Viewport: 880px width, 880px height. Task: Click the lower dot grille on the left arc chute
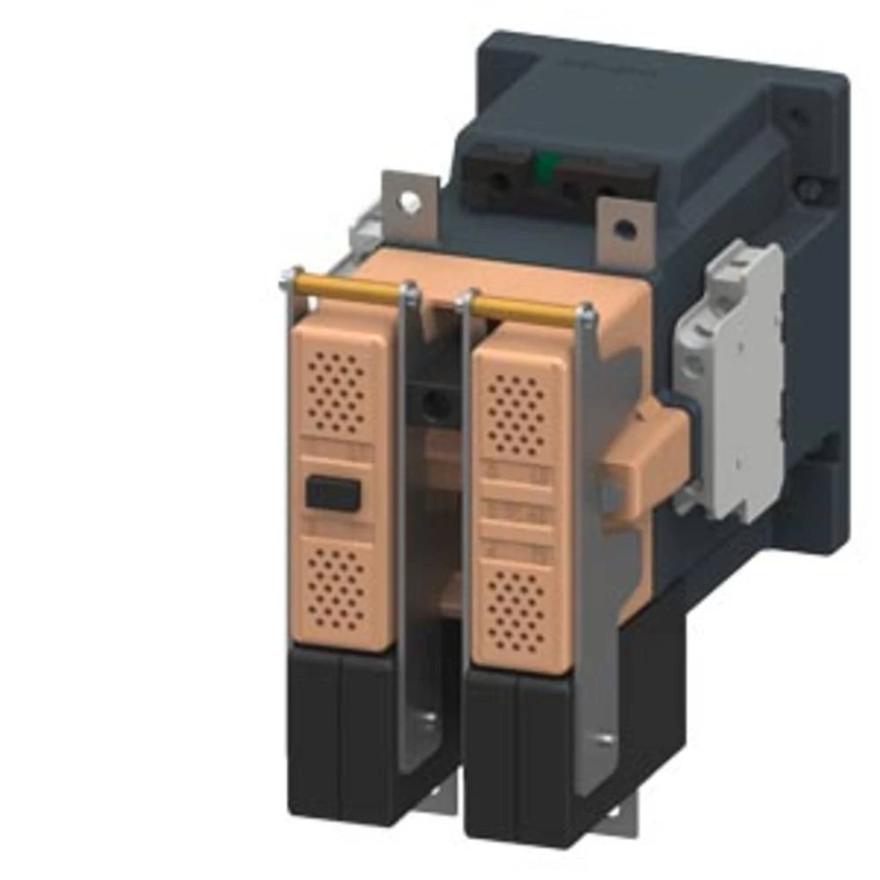(x=336, y=587)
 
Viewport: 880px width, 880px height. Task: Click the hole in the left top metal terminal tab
(x=409, y=202)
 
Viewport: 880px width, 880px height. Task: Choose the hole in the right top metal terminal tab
(x=624, y=230)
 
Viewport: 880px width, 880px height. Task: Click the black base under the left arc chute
(x=339, y=730)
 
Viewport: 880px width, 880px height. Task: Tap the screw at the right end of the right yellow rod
(x=585, y=313)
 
